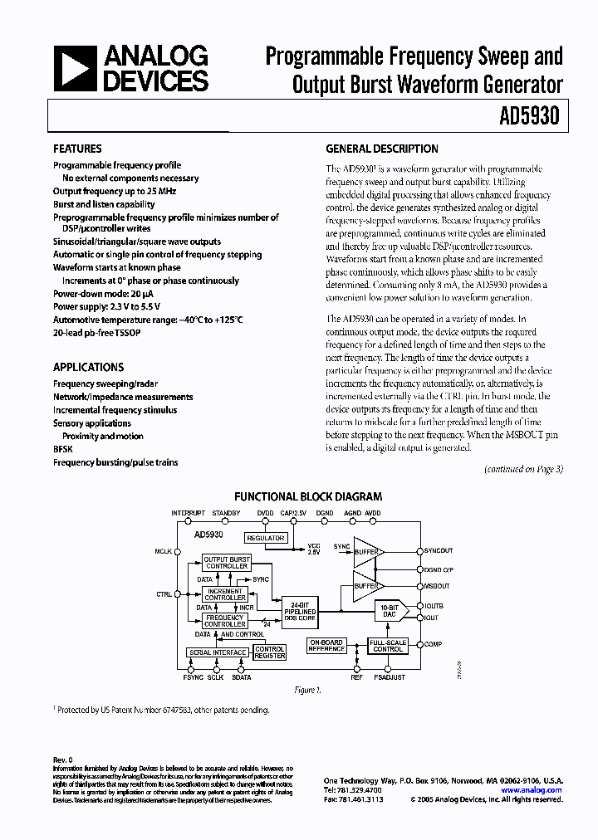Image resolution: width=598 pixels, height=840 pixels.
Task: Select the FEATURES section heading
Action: [x=77, y=149]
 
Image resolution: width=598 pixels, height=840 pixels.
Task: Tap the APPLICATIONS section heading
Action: [x=88, y=367]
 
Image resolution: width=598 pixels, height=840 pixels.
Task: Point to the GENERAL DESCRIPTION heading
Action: [x=382, y=149]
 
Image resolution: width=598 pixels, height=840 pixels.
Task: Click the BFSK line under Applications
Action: [x=64, y=449]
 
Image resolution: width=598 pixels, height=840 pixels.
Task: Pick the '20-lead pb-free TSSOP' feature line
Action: [x=100, y=332]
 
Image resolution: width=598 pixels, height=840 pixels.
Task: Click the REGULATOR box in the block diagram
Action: [x=266, y=538]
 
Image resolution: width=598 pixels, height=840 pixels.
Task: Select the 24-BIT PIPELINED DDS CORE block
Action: [x=299, y=610]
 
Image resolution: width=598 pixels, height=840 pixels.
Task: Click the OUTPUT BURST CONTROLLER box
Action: [x=226, y=563]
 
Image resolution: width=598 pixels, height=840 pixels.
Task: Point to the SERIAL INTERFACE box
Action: [x=218, y=652]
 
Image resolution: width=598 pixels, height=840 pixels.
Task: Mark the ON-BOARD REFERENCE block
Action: [x=326, y=647]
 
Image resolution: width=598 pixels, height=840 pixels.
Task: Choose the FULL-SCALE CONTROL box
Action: [x=388, y=645]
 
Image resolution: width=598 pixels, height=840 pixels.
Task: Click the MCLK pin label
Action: [x=163, y=550]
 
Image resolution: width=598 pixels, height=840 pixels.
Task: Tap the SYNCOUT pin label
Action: [x=439, y=550]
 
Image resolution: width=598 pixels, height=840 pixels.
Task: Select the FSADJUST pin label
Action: [x=390, y=677]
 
